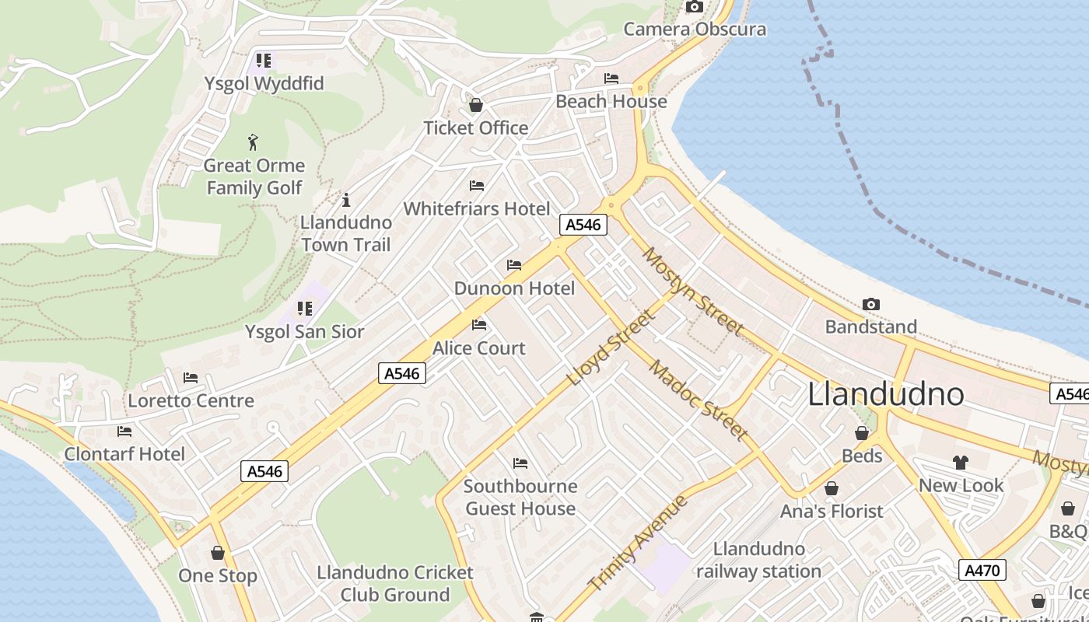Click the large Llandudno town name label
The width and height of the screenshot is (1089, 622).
tap(886, 394)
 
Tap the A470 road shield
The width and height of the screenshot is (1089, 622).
tap(982, 570)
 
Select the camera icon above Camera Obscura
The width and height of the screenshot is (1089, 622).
tap(694, 7)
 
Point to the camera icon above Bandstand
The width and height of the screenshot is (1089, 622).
tap(871, 305)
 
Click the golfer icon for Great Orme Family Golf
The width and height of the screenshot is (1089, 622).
tap(253, 142)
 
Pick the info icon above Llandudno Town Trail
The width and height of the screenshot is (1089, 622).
tap(346, 200)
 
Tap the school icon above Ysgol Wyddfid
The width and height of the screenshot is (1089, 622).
tap(264, 61)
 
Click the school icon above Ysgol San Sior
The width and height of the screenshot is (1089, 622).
tap(304, 309)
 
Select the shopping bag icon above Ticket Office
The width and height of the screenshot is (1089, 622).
tap(476, 105)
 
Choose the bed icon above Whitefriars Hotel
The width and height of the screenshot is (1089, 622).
tap(477, 186)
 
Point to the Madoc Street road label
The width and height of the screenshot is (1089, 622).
tap(699, 400)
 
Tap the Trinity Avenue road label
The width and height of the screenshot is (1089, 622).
tap(638, 543)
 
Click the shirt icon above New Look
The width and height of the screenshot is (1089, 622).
tap(961, 463)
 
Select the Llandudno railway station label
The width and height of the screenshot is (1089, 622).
tap(758, 560)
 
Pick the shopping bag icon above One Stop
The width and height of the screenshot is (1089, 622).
tap(218, 553)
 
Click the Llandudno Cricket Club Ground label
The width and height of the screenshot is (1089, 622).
tap(395, 583)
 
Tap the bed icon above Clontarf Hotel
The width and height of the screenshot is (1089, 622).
tap(124, 432)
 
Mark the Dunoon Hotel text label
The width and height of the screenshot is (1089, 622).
tap(514, 288)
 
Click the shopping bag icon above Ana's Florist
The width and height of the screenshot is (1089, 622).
tap(832, 488)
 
